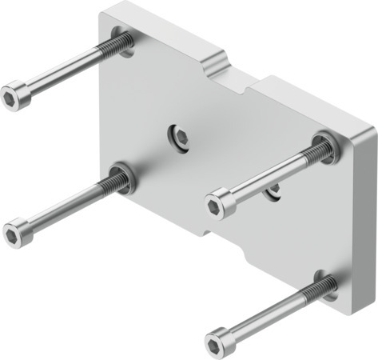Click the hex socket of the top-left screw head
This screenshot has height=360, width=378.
pyautogui.click(x=11, y=98)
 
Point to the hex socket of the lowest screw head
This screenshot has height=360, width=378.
pyautogui.click(x=215, y=345)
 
